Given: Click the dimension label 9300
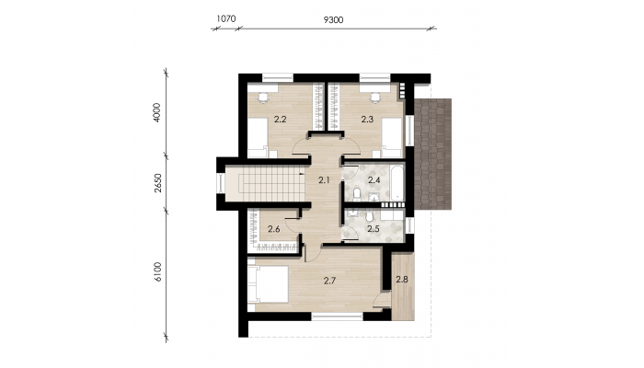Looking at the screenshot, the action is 333,19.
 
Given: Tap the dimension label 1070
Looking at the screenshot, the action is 226,18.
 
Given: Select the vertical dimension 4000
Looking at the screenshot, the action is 157,112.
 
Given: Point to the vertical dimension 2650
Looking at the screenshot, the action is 158,183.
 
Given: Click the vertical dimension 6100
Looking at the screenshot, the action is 158,272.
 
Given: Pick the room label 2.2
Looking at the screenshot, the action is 280,120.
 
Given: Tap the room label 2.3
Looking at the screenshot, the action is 367,120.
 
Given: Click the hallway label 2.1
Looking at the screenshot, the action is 325,179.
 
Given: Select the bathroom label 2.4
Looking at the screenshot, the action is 374,180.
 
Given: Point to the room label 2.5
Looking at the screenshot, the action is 374,229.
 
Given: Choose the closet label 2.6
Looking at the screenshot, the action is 274,229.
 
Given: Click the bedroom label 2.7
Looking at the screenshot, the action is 329,281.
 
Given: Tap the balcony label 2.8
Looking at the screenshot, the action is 402,280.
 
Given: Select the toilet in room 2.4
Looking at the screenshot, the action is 357,193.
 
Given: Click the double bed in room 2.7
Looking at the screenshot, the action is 268,284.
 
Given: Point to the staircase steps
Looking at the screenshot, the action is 271,183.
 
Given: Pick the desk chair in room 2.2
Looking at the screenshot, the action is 262,98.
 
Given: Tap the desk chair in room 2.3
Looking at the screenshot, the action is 375,98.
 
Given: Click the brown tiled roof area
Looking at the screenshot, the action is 433,154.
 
